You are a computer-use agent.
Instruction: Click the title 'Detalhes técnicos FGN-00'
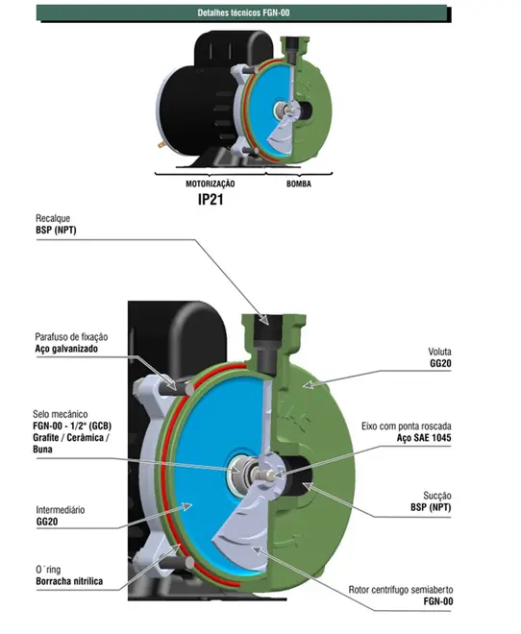coord(243,12)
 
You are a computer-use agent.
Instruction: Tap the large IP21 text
coord(211,199)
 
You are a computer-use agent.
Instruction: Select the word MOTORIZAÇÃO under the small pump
coord(210,184)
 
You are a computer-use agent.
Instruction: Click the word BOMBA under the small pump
coord(299,184)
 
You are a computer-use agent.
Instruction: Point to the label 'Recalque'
coord(53,219)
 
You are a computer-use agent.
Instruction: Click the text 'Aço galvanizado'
coord(66,349)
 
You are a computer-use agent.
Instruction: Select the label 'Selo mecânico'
coord(61,414)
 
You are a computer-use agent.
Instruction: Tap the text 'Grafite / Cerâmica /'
coord(71,437)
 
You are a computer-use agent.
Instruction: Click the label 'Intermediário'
coord(61,510)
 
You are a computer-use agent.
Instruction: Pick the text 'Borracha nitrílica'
coord(69,581)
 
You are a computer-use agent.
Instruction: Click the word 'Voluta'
coord(439,352)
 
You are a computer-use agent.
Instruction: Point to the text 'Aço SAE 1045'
coord(424,438)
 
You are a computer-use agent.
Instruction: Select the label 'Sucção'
coord(437,496)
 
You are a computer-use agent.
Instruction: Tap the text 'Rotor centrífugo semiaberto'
coord(401,590)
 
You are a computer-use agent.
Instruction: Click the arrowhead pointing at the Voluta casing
coord(309,384)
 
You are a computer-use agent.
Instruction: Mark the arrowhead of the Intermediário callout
coord(186,506)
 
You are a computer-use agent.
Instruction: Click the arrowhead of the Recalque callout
coord(263,320)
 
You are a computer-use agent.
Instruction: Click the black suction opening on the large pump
coord(299,475)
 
